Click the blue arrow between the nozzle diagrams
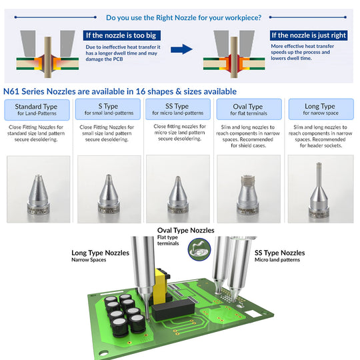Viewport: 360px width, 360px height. click(181, 49)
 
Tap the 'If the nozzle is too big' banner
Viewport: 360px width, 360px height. click(122, 35)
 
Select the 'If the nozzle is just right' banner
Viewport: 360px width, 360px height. click(309, 35)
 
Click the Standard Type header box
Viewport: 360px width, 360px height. click(37, 110)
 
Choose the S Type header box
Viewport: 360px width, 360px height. click(108, 109)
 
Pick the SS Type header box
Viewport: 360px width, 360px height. click(178, 109)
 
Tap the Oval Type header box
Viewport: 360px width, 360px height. click(249, 109)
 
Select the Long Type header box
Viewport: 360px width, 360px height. click(321, 109)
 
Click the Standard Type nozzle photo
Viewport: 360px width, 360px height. click(39, 189)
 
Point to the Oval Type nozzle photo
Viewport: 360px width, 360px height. click(249, 189)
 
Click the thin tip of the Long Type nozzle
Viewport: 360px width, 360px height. click(319, 163)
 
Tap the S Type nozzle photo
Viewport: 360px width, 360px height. click(109, 189)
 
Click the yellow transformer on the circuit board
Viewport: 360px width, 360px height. click(161, 286)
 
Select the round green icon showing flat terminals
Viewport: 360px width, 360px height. click(199, 249)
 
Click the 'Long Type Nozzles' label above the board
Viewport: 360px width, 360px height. click(100, 253)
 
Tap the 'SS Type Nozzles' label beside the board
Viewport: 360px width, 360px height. click(279, 253)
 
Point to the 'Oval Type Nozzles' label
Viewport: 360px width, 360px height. click(186, 230)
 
